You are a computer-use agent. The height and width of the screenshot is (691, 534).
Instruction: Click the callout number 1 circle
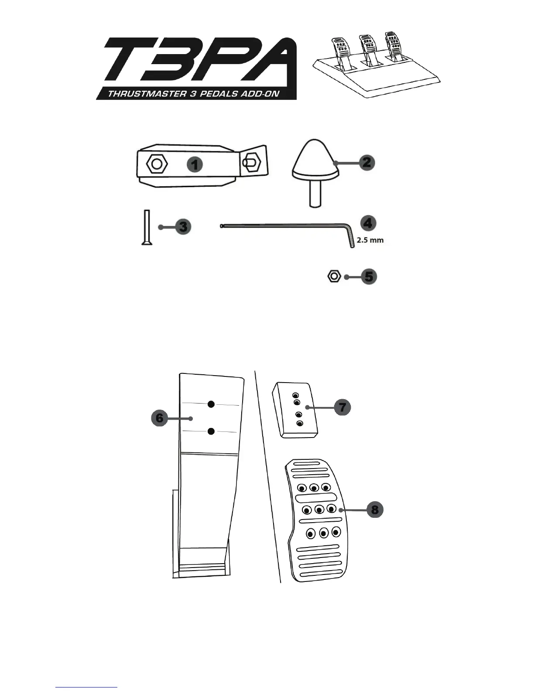click(195, 164)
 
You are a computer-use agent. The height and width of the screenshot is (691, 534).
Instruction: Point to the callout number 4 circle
click(368, 223)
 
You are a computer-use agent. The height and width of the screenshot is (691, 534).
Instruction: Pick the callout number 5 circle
click(369, 277)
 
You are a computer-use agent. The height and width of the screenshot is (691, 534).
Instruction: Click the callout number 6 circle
click(160, 418)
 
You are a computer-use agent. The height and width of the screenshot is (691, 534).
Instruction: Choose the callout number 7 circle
click(342, 407)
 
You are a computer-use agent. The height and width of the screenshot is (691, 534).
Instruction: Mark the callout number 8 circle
click(374, 509)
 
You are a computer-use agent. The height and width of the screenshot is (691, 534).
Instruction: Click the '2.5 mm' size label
click(370, 240)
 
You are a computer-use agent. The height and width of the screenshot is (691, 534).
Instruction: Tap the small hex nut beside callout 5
click(334, 277)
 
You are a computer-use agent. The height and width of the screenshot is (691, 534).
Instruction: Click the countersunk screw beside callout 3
click(147, 227)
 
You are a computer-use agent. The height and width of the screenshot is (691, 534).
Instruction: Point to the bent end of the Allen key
click(350, 238)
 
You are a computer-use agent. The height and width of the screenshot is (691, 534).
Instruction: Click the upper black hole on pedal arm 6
click(211, 404)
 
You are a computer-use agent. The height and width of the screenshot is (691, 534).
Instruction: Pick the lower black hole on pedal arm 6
click(211, 431)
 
